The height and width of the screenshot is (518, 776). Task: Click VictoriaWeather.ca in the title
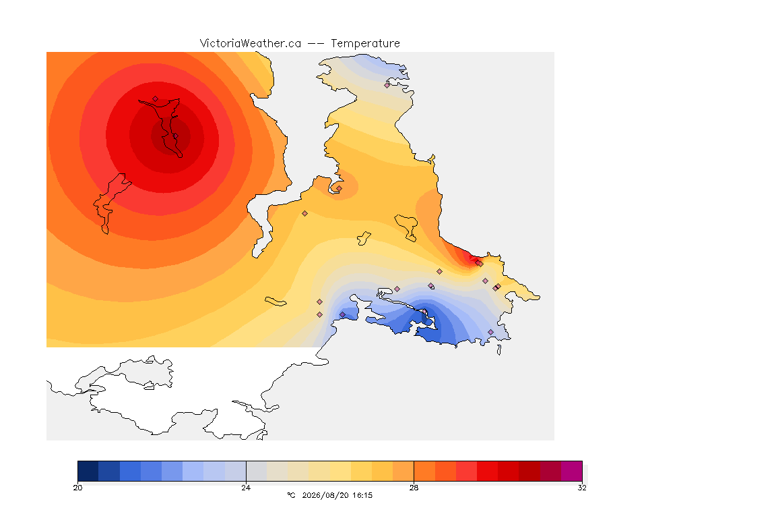tap(251, 43)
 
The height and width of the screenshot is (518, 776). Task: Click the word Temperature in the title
tap(365, 43)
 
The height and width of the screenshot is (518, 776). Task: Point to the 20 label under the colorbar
tap(77, 488)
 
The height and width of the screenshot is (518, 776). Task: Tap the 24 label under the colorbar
tap(246, 488)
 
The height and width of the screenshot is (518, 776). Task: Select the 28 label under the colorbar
tap(414, 488)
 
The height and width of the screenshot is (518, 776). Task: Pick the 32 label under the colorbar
tap(582, 488)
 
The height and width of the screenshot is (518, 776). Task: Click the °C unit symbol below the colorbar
tap(291, 495)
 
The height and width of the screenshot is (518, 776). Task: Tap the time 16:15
tap(362, 495)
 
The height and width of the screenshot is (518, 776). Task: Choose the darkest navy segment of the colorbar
tap(88, 471)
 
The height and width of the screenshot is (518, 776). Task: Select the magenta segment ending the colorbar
tap(572, 471)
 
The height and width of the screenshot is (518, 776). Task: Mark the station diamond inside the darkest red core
tap(175, 136)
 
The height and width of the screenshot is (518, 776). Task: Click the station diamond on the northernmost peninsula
tap(387, 85)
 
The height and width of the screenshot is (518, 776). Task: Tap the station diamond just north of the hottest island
tap(156, 99)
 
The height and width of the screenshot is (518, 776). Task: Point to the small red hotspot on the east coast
tap(465, 256)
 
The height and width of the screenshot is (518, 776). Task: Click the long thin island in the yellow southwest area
tap(276, 301)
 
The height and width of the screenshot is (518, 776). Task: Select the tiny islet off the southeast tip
tap(499, 350)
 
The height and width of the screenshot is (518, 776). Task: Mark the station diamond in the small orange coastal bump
tap(339, 188)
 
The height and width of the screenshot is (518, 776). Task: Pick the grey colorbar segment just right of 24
tap(257, 471)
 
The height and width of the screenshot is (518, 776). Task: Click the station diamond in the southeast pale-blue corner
tap(490, 332)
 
